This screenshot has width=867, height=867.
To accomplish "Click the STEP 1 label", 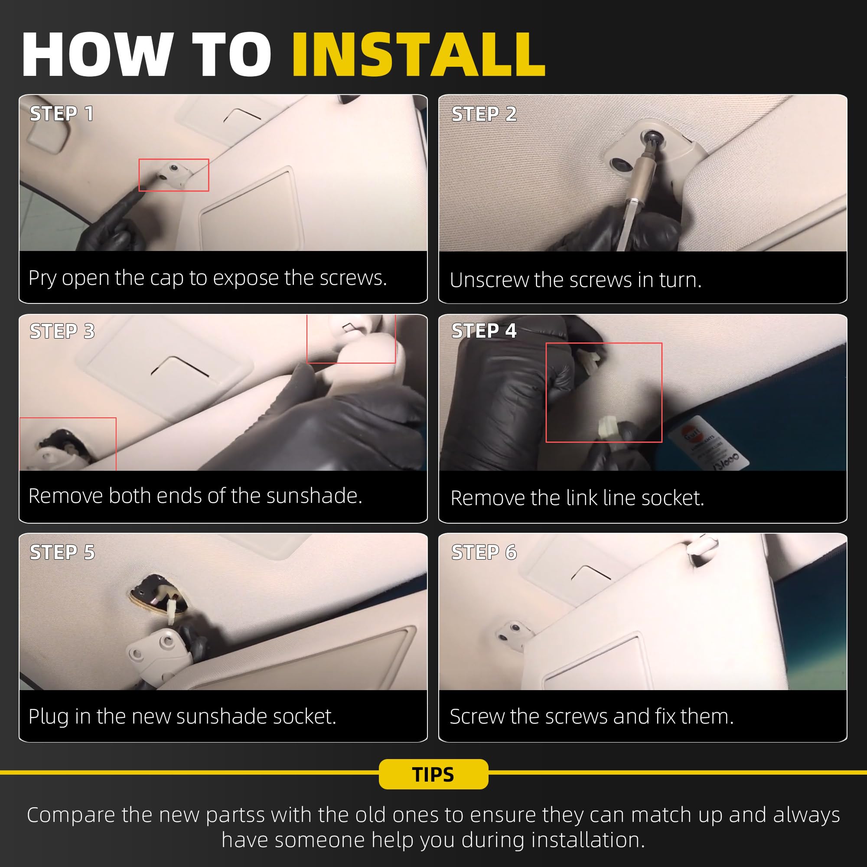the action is coord(62,114).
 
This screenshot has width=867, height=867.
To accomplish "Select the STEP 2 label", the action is coord(484,114).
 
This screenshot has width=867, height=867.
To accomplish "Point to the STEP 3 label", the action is coord(62,331).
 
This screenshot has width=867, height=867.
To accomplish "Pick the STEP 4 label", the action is coord(484,331).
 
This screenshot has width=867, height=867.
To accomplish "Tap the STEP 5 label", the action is coord(62,552).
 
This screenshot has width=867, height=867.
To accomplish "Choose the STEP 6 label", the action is coord(484,552).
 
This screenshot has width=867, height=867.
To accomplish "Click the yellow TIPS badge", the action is coord(433,774).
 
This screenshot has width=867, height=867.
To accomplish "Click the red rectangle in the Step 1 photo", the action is coord(174,159).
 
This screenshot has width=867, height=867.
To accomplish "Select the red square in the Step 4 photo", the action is coord(603,344).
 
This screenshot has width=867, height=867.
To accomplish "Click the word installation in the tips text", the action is coord(588,840).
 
